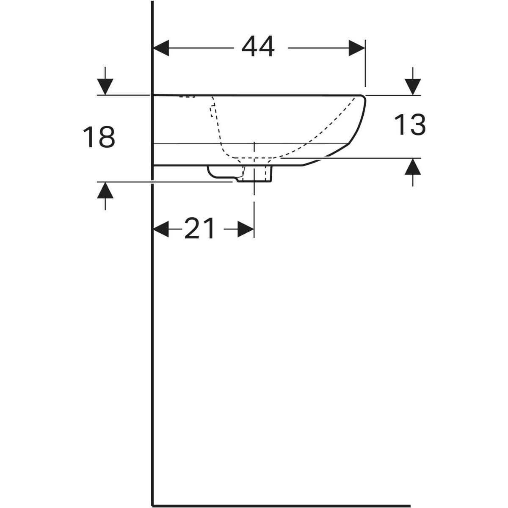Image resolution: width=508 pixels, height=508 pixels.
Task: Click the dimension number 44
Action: [258, 47]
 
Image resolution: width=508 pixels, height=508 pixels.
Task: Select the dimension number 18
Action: [99, 137]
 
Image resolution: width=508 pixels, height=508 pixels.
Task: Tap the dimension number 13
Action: [410, 125]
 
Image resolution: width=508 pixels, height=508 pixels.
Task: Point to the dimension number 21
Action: [199, 228]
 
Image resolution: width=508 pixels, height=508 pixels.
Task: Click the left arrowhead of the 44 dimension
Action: [161, 48]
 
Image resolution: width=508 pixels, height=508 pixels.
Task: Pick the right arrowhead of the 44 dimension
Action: [357, 48]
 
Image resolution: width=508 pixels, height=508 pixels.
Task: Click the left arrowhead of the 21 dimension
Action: [161, 229]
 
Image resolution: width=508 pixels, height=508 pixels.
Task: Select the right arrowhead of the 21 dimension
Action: [246, 229]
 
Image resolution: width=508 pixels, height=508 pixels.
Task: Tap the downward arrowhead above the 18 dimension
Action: [105, 86]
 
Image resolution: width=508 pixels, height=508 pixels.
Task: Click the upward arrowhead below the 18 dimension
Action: [105, 190]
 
